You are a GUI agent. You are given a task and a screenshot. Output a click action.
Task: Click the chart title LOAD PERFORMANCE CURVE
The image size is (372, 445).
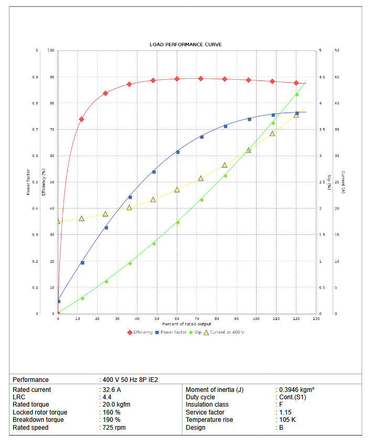(x=185, y=45)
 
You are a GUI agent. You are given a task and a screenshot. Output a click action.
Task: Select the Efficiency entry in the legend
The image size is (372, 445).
(x=140, y=332)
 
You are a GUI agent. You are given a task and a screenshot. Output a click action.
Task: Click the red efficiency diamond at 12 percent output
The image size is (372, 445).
(x=81, y=119)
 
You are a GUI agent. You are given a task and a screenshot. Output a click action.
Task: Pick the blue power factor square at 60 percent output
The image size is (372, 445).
(x=177, y=152)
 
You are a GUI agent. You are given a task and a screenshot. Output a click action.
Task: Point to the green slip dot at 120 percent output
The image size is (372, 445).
(x=297, y=95)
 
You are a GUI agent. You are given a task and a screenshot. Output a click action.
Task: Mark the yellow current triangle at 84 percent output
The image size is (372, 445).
(x=225, y=165)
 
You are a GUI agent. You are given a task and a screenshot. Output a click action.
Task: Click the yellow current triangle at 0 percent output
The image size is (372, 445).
(x=58, y=221)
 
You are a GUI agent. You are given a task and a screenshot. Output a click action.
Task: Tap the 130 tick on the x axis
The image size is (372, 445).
(x=316, y=319)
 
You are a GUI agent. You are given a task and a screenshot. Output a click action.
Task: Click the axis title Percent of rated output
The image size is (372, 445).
(x=186, y=324)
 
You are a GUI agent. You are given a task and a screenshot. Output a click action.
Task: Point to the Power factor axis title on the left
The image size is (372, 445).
(x=28, y=182)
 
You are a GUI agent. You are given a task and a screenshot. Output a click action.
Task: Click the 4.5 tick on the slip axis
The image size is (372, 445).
(x=322, y=77)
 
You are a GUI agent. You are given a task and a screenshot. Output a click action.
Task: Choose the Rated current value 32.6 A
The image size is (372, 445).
(x=112, y=390)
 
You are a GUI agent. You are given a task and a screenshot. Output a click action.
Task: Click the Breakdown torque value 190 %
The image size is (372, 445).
(x=111, y=420)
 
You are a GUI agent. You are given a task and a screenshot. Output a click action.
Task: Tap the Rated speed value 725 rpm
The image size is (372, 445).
(x=114, y=428)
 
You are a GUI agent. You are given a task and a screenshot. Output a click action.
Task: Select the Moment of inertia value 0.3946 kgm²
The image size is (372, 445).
(x=296, y=390)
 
